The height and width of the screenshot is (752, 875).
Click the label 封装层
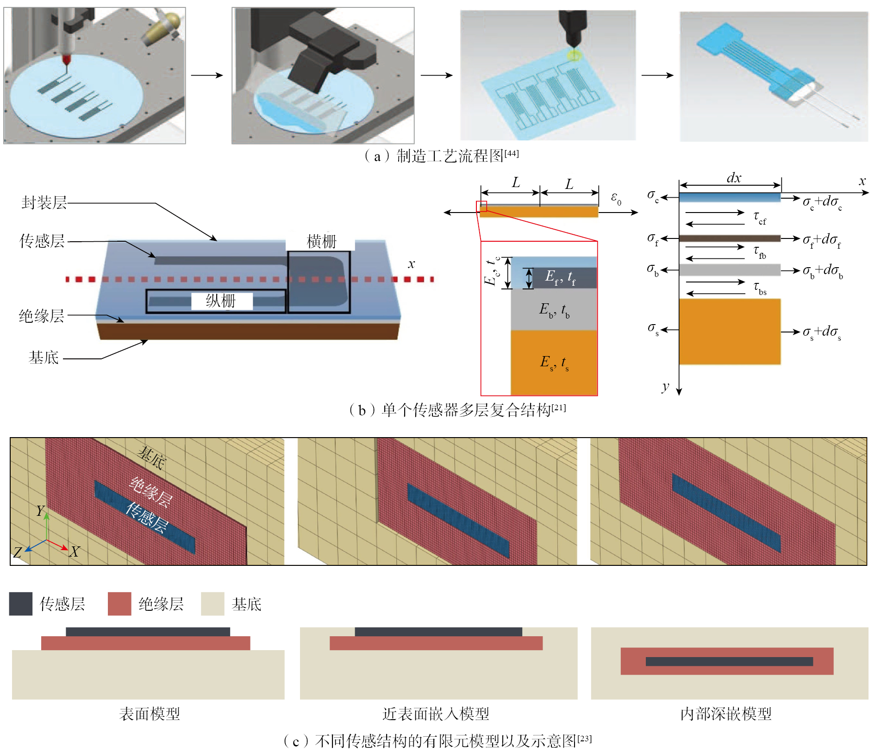[44, 203]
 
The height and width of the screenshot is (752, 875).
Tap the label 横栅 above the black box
[321, 241]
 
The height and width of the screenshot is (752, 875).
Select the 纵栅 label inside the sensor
[221, 301]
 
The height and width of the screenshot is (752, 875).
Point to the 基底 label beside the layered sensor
[44, 357]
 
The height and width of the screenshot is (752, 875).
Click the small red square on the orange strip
[481, 206]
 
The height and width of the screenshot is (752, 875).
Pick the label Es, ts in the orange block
[554, 362]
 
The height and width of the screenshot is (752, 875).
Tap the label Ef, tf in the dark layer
[560, 277]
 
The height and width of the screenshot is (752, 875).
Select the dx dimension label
[734, 178]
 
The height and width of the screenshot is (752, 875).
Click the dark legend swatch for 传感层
[21, 604]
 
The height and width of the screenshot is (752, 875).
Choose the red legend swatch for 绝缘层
[119, 604]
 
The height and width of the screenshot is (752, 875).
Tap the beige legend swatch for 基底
[212, 604]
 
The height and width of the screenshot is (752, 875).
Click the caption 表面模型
[149, 714]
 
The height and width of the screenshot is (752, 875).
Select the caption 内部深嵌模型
[725, 714]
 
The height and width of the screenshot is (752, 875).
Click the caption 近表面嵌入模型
[435, 714]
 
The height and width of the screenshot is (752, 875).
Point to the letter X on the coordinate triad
[75, 551]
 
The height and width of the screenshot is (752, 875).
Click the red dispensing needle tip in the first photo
[66, 63]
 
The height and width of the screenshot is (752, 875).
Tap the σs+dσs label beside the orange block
[822, 332]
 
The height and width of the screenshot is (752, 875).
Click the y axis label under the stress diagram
[665, 387]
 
